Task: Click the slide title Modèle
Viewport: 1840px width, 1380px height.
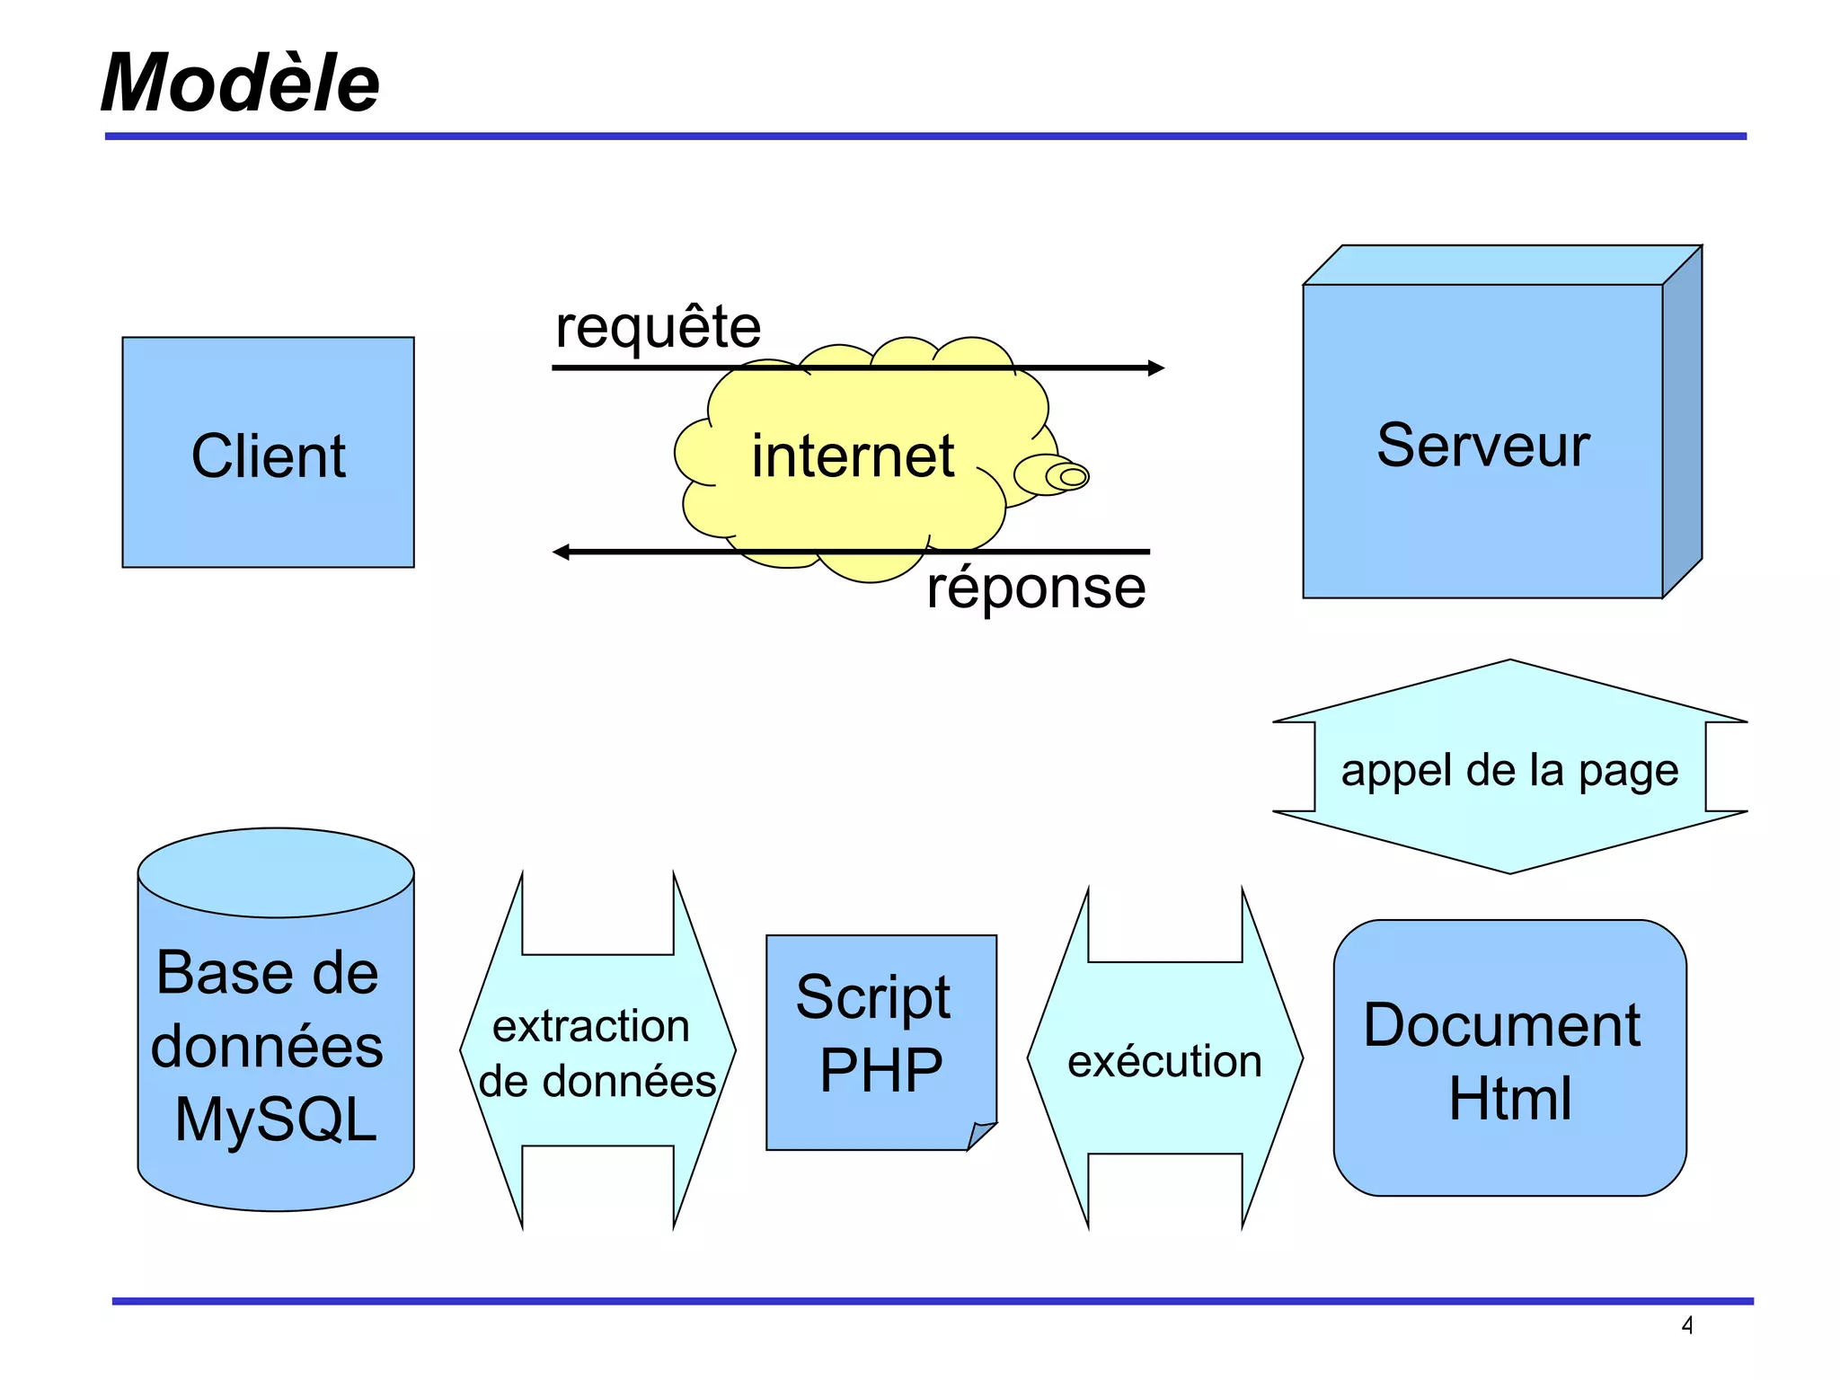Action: (x=240, y=83)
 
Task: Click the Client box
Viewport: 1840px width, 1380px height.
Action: (x=268, y=454)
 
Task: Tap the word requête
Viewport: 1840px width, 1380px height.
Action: (x=658, y=327)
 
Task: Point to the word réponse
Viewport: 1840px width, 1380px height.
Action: (x=1036, y=588)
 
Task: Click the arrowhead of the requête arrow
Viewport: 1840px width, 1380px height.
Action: (x=1157, y=367)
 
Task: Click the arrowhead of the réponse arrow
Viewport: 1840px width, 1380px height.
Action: (x=562, y=552)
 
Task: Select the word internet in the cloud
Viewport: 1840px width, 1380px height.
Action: (x=852, y=456)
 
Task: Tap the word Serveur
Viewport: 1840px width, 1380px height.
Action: (x=1482, y=445)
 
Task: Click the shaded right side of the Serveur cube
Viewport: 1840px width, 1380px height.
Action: (x=1682, y=422)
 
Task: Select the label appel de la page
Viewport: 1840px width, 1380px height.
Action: (x=1509, y=770)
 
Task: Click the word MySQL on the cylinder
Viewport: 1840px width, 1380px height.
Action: (x=275, y=1119)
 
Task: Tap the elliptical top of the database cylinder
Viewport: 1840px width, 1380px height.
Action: (x=275, y=871)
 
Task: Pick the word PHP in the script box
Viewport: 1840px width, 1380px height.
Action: (x=880, y=1070)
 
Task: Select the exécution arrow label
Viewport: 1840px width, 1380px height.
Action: (x=1164, y=1061)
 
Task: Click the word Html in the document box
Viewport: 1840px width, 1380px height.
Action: (x=1509, y=1098)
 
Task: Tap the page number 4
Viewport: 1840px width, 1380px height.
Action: (x=1687, y=1325)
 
